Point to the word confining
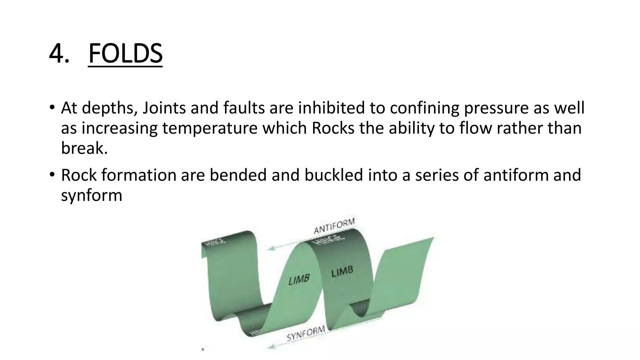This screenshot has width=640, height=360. coord(424,108)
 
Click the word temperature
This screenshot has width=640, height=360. coord(210,128)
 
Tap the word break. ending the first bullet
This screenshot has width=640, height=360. coord(84,148)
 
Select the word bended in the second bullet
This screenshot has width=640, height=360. coord(238,175)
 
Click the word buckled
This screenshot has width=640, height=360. coord(333,175)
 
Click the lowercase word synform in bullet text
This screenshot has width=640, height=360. coord(92,195)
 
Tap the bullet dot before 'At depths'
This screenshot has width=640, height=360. coord(52,108)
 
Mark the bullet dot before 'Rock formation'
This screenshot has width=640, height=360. coord(52,175)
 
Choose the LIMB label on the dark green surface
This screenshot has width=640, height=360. coord(342,272)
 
